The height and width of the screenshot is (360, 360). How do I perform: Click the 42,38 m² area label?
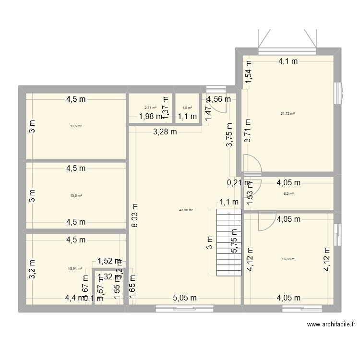(186, 210)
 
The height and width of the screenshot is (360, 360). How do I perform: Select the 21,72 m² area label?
(288, 114)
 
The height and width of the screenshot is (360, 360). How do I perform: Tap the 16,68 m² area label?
(288, 259)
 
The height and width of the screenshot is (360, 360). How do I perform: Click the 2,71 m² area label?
(150, 108)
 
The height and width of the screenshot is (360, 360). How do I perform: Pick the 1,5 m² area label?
(187, 108)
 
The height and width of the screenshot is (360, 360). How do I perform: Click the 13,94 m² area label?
(75, 269)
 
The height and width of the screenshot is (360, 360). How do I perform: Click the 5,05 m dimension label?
(185, 298)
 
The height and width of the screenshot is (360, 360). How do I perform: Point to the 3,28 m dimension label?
(165, 132)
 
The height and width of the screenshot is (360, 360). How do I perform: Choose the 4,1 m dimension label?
(288, 61)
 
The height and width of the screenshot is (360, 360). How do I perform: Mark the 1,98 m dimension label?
(150, 116)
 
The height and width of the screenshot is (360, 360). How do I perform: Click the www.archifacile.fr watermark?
(330, 324)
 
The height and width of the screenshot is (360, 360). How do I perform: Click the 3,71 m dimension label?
(248, 132)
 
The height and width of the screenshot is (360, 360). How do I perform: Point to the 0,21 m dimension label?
(238, 183)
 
